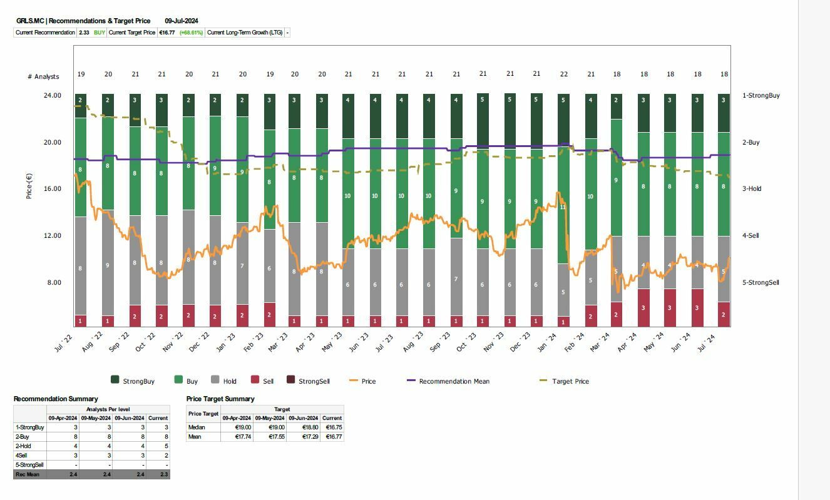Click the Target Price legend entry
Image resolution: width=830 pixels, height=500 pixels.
(570, 381)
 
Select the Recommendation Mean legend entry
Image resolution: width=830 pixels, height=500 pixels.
(454, 381)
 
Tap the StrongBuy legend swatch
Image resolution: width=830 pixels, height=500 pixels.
(115, 380)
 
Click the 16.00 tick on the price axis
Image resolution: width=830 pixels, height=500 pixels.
(52, 189)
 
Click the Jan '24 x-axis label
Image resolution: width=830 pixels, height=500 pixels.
(546, 342)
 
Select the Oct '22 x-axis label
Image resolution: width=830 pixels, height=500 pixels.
(145, 342)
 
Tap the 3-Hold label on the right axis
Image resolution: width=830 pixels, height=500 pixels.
(752, 189)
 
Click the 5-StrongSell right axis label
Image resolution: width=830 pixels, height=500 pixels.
(761, 282)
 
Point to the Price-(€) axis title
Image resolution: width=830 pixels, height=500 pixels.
(29, 186)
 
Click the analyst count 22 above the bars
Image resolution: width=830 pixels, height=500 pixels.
(563, 74)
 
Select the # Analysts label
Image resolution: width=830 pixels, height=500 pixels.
(43, 76)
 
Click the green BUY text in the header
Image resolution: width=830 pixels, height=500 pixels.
(100, 33)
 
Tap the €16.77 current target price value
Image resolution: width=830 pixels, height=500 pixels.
(167, 33)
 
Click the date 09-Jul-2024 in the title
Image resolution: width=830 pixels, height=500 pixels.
(182, 21)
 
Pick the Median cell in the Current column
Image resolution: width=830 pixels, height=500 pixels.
(332, 427)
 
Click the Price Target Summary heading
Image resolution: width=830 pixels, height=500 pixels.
(220, 399)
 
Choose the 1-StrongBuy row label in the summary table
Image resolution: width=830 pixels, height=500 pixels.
(29, 427)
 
